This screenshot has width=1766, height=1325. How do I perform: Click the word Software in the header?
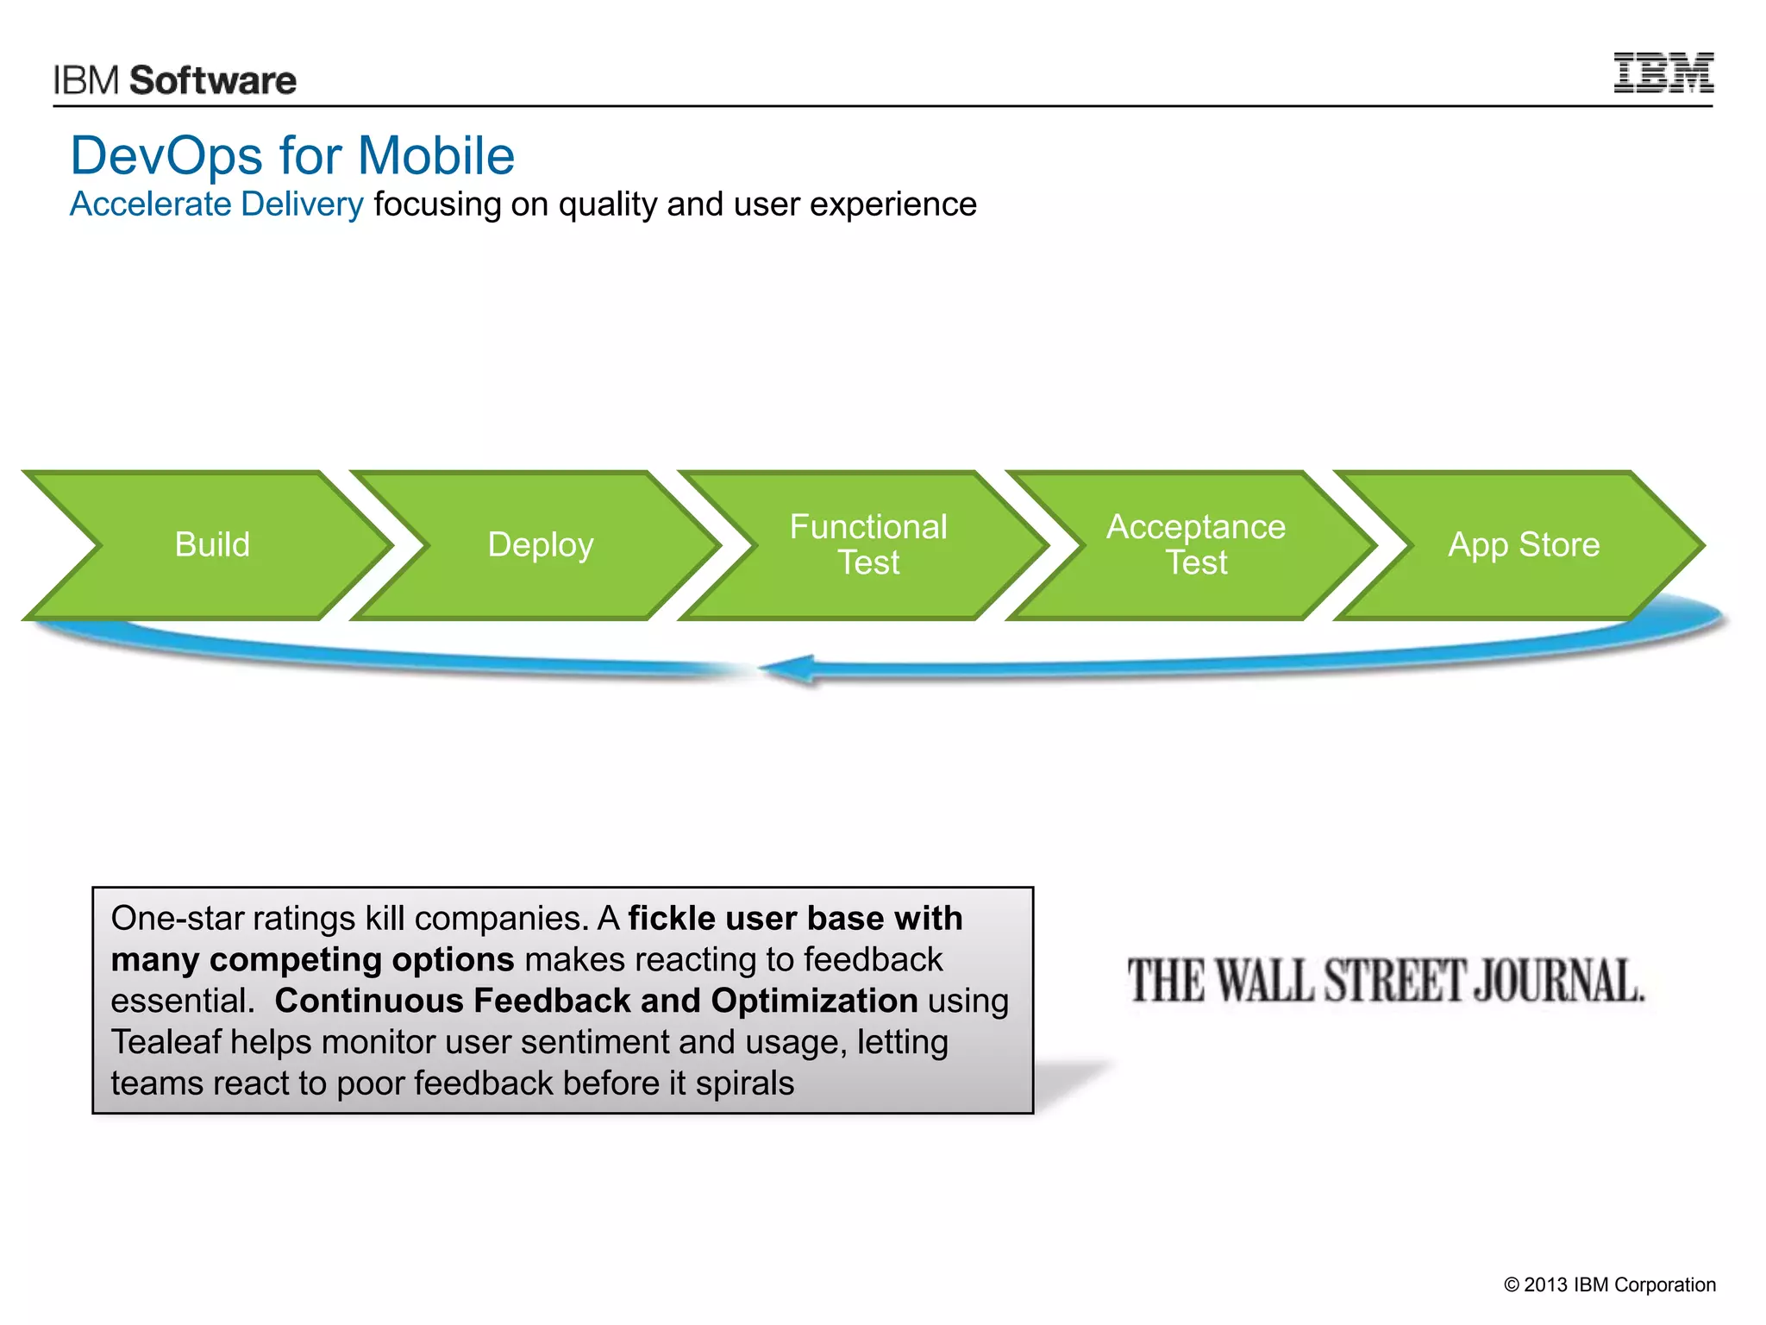click(x=212, y=80)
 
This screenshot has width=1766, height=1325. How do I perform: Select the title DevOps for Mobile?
click(x=292, y=155)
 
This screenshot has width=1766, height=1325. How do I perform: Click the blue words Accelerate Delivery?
click(x=216, y=204)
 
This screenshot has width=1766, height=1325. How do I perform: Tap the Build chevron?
click(x=212, y=545)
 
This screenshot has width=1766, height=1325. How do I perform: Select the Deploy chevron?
click(x=541, y=545)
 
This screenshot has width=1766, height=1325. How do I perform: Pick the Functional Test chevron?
click(x=868, y=545)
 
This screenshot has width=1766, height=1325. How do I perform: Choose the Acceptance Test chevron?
click(x=1196, y=545)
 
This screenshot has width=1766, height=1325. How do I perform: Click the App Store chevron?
click(x=1524, y=545)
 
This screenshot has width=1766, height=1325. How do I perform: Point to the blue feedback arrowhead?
click(x=789, y=669)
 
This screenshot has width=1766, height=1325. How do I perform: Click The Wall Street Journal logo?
click(x=1386, y=982)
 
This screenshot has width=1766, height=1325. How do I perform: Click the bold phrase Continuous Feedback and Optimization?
click(x=596, y=1001)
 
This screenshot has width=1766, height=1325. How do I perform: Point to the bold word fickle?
click(x=672, y=919)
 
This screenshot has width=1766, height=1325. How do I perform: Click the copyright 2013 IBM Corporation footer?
click(x=1609, y=1284)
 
